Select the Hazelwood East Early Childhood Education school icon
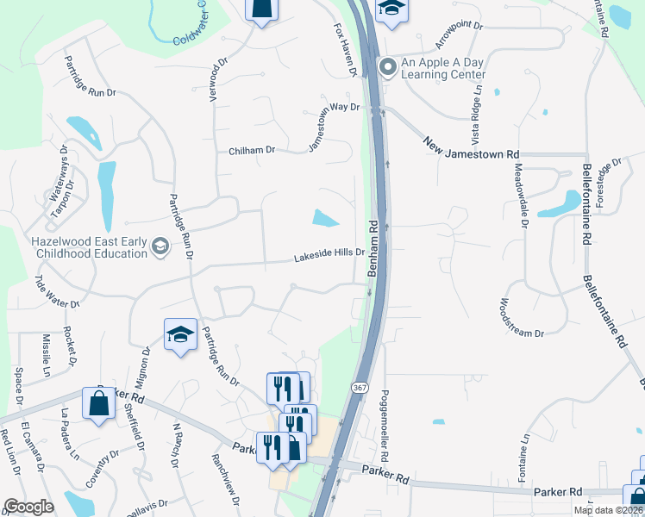160,248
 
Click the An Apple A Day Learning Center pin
389,66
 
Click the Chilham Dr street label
252,150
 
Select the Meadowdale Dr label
521,196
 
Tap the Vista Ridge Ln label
475,120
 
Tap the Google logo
28,506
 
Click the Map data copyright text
608,510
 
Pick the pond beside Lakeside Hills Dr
325,219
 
